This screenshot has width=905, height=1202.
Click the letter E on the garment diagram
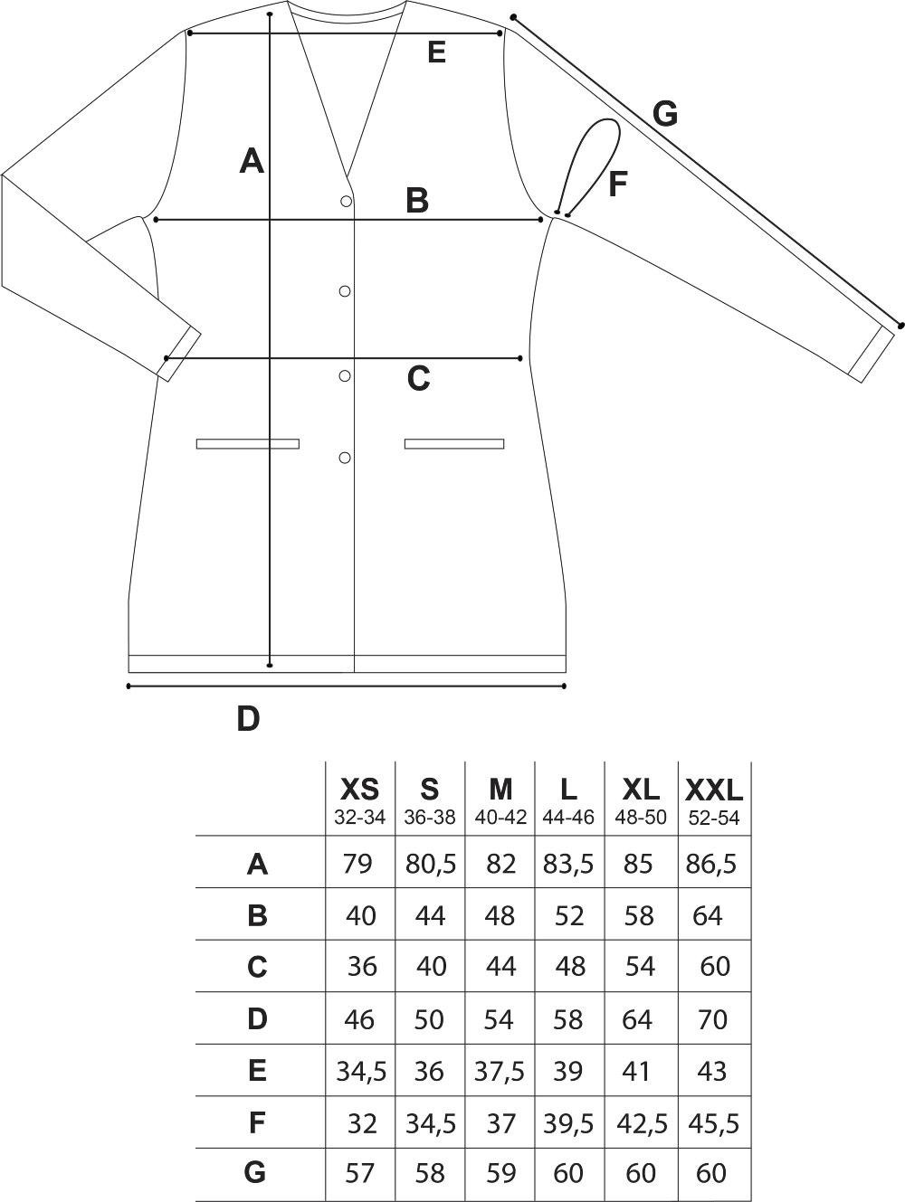point(436,52)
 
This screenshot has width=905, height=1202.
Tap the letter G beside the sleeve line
point(665,115)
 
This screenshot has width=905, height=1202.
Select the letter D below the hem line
point(248,718)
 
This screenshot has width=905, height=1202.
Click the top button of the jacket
point(346,202)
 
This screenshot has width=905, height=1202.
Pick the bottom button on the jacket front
point(345,458)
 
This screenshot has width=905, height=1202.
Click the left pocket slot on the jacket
point(248,443)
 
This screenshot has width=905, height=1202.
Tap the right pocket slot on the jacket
point(454,443)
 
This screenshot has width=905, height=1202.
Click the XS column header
point(359,789)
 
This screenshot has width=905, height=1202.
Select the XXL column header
point(714,789)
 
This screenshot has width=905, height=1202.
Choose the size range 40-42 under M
point(500,818)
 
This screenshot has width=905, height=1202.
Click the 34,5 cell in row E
point(362,1072)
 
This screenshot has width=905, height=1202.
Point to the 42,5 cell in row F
point(642,1124)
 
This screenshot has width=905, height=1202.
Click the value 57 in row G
point(360,1173)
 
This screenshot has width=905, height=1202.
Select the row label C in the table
point(257,967)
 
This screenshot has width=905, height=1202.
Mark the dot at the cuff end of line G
point(900,326)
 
